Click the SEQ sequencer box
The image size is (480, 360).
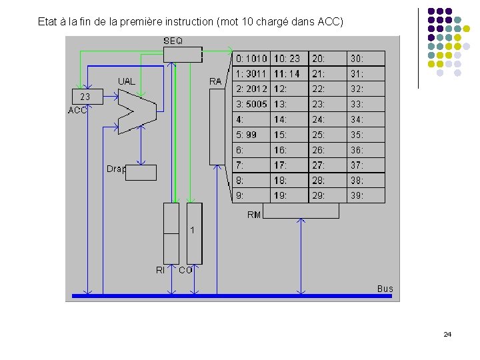[183, 55]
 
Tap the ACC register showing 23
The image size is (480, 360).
[86, 97]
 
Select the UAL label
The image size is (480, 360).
[126, 81]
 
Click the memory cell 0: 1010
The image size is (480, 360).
[251, 59]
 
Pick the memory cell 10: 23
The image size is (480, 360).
[289, 59]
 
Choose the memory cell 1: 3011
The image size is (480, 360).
[251, 74]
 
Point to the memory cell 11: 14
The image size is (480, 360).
[289, 74]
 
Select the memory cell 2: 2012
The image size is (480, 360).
[251, 89]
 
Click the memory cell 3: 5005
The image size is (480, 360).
[251, 104]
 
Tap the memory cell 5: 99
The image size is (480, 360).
[251, 135]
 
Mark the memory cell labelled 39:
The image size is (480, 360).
[365, 195]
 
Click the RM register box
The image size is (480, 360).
[301, 211]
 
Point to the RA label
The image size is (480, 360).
[215, 81]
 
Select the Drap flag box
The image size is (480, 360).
[141, 173]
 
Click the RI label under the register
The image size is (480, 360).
[160, 270]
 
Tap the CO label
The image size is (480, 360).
[185, 270]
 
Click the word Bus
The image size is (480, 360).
[385, 289]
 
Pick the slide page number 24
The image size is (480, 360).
[447, 334]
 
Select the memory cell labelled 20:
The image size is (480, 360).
[327, 59]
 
